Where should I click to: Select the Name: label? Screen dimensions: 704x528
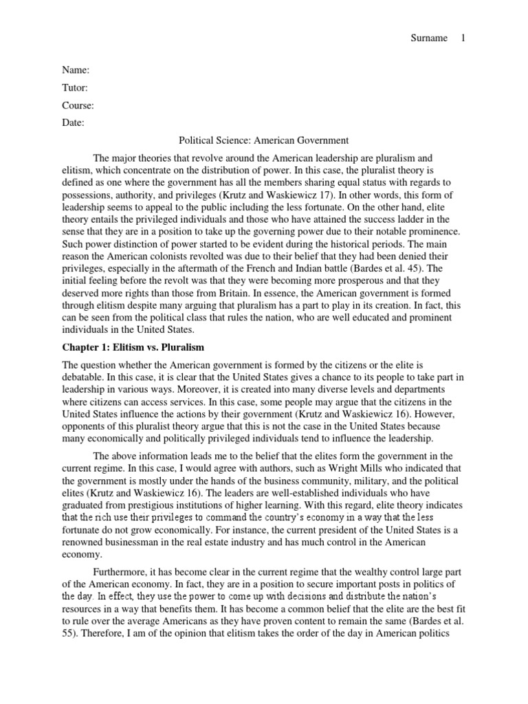tap(76, 70)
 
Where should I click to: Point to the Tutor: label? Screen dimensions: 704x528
tap(75, 88)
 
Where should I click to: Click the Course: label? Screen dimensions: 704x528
tap(78, 106)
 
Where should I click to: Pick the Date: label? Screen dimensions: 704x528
tap(74, 124)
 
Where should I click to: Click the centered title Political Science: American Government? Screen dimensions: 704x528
tap(264, 141)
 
